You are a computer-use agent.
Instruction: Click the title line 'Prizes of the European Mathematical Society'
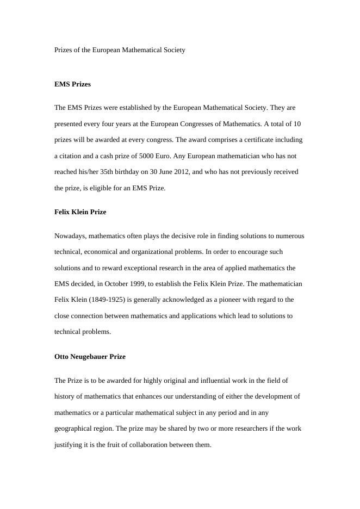point(120,50)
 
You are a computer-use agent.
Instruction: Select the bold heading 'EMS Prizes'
point(72,84)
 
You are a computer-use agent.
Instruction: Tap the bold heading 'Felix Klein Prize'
point(80,212)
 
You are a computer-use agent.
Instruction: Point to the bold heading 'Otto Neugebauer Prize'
point(90,357)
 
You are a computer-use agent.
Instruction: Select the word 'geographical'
point(73,429)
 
